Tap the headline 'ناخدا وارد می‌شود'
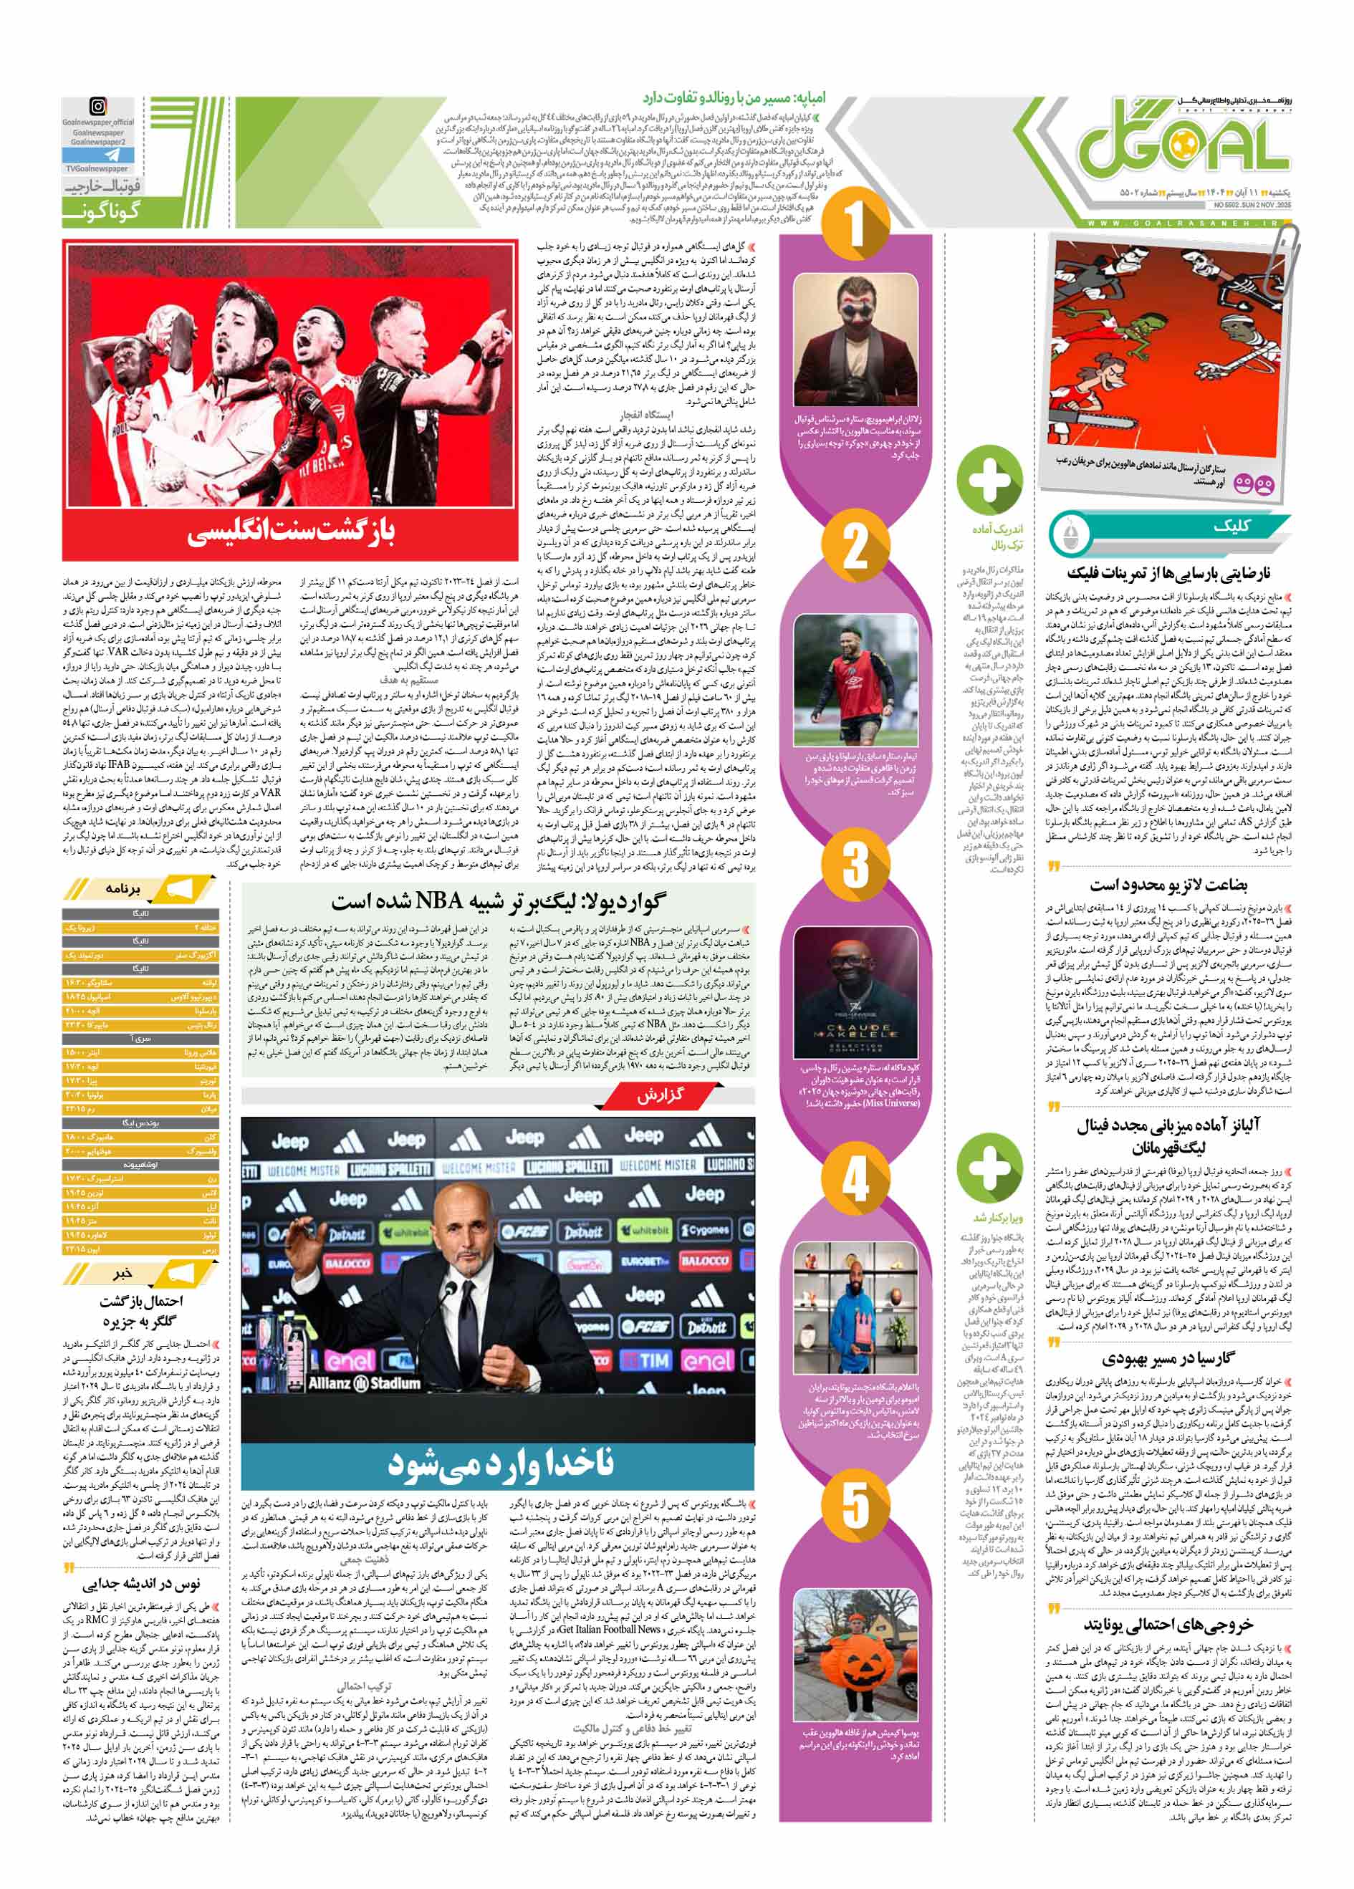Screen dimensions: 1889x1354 (x=499, y=1464)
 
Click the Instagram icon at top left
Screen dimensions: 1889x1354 (x=98, y=107)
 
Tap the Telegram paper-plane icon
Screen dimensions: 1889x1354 (x=98, y=155)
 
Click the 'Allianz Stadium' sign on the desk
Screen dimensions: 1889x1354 (x=364, y=1383)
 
